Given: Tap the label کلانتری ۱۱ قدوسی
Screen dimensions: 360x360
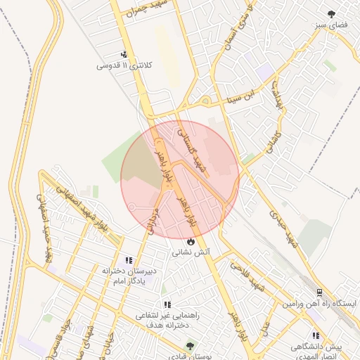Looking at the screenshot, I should click(x=124, y=66).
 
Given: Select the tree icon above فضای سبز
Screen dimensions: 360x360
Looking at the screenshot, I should click(x=332, y=13).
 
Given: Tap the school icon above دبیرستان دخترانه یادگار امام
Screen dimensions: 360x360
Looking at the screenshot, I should click(x=129, y=260).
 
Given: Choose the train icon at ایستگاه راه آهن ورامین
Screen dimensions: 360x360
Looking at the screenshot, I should click(x=320, y=292).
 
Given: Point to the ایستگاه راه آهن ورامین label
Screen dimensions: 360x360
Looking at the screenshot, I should click(x=320, y=304).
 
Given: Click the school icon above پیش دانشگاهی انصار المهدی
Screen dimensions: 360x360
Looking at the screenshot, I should click(x=316, y=336).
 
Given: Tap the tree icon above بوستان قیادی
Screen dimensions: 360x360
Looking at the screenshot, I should click(x=189, y=346).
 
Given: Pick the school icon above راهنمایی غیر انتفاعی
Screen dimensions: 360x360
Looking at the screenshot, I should click(x=167, y=304).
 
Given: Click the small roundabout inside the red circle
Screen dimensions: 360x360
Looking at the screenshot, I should click(x=132, y=207).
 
